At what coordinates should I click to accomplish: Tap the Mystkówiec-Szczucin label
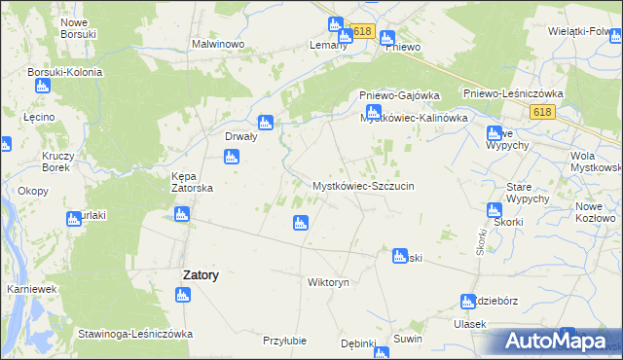coord(363,185)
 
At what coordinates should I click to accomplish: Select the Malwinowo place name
coord(216,45)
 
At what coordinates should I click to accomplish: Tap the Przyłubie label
coord(284,341)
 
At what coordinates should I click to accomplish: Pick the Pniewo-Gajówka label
coord(399,94)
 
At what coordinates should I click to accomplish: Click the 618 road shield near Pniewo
coord(363,31)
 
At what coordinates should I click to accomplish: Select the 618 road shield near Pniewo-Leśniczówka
coord(543,113)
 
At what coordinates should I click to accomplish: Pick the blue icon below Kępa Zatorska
coord(231,156)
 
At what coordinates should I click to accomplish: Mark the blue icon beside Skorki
coord(495,210)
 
